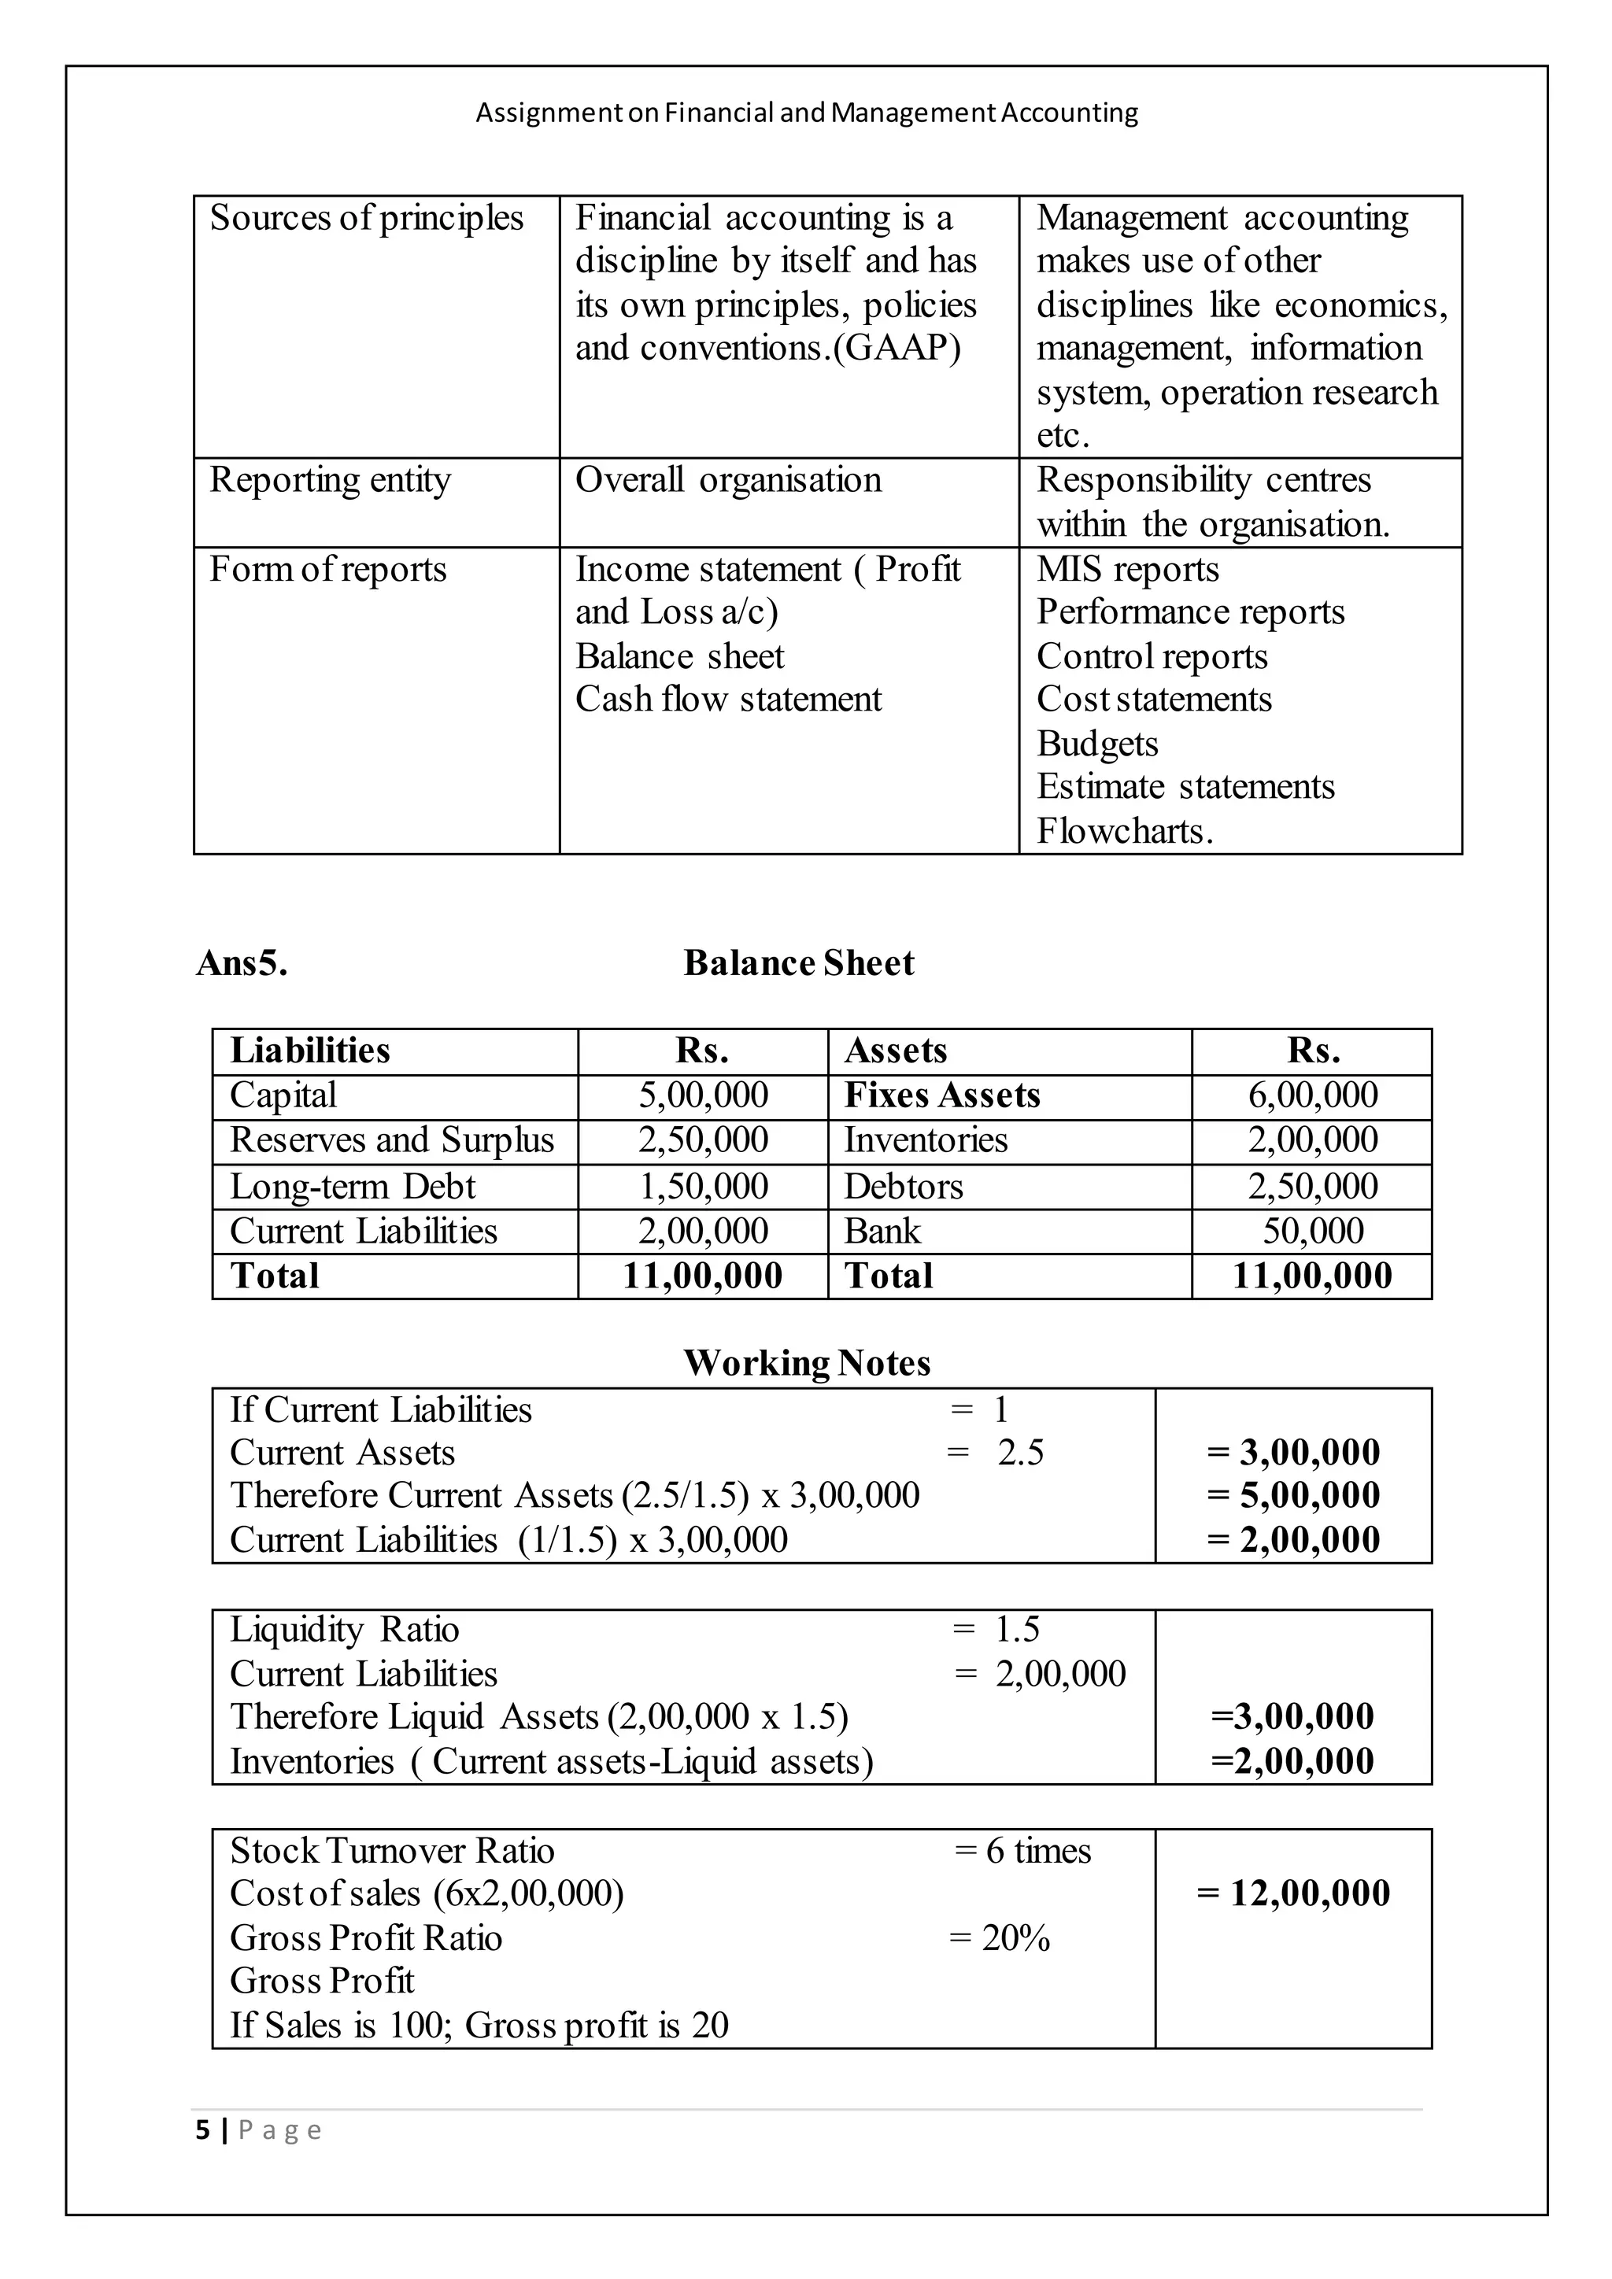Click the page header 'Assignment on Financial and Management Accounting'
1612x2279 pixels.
click(x=806, y=113)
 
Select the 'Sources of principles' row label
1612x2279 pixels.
click(x=366, y=217)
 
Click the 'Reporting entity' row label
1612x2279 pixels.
click(x=330, y=479)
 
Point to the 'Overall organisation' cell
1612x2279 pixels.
click(x=727, y=479)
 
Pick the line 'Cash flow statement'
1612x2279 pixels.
click(x=727, y=699)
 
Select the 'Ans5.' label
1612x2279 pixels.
click(x=242, y=962)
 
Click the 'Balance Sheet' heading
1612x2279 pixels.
click(x=798, y=962)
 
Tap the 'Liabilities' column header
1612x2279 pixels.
click(x=309, y=1050)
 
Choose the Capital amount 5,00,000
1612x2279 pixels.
click(x=703, y=1095)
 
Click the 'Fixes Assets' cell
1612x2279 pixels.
click(x=941, y=1095)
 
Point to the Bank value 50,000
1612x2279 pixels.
click(x=1312, y=1231)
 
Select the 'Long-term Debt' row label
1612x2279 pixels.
click(x=353, y=1186)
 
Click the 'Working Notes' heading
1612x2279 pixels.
click(x=806, y=1363)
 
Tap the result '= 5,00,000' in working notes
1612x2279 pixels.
click(x=1293, y=1495)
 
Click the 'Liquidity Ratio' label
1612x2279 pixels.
click(x=345, y=1629)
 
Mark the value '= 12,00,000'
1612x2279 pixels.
click(x=1293, y=1893)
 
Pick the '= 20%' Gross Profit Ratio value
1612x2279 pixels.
click(x=1000, y=1937)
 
